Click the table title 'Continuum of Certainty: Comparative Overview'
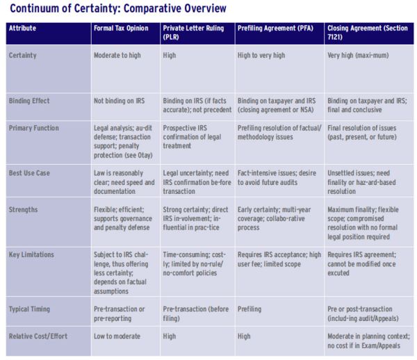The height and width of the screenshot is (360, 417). [x=118, y=8]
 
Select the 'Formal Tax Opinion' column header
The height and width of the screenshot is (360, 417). [x=121, y=28]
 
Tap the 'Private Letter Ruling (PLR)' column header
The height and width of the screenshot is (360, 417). [x=193, y=33]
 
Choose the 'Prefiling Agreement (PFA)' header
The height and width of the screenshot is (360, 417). [x=275, y=28]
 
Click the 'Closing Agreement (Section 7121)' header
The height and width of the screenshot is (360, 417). [x=367, y=33]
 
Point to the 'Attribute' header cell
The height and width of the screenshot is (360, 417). [x=22, y=28]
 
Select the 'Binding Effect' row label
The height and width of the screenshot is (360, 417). [x=29, y=101]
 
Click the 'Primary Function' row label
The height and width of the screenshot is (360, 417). [x=34, y=128]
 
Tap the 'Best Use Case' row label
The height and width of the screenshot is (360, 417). [x=29, y=173]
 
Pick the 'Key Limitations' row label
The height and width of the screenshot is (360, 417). [x=31, y=254]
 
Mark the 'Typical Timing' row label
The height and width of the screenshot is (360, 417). [x=29, y=309]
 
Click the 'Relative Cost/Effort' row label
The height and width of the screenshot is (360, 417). [x=38, y=336]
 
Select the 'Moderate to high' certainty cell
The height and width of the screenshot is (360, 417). [x=117, y=56]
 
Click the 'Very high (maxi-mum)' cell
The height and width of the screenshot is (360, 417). [x=358, y=56]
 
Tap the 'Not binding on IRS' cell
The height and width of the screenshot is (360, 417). [x=119, y=101]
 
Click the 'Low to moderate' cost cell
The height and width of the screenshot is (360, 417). [x=117, y=336]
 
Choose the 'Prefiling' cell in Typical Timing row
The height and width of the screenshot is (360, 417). [x=250, y=309]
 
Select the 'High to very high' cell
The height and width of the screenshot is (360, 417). [x=261, y=56]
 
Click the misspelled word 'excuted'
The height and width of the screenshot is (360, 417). [x=338, y=273]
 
